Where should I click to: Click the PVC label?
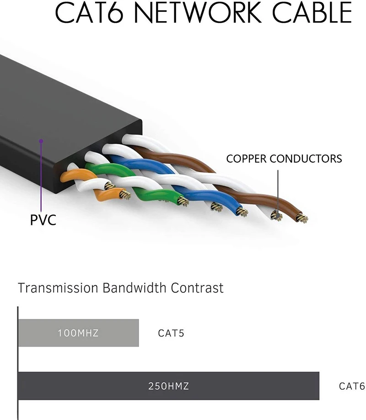pyautogui.click(x=43, y=220)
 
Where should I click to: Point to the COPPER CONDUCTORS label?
pyautogui.click(x=284, y=159)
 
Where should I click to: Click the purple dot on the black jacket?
pyautogui.click(x=41, y=141)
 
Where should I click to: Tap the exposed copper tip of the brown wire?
pyautogui.click(x=301, y=218)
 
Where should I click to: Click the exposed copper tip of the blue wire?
pyautogui.click(x=242, y=212)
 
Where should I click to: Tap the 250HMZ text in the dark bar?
pyautogui.click(x=168, y=386)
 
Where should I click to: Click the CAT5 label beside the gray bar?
pyautogui.click(x=171, y=333)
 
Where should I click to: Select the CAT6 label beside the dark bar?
pyautogui.click(x=352, y=386)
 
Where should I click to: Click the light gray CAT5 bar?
pyautogui.click(x=114, y=333)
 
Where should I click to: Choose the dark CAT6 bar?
pyautogui.click(x=252, y=386)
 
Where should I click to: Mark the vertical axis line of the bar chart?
pyautogui.click(x=17, y=362)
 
